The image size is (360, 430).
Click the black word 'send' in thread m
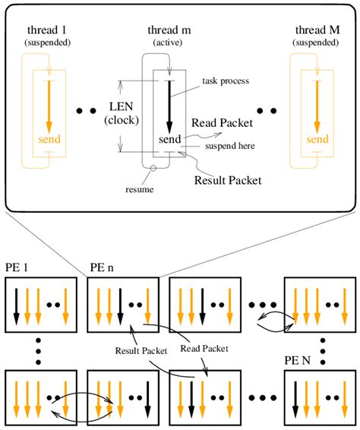(169, 141)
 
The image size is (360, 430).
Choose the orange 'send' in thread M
(317, 141)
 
